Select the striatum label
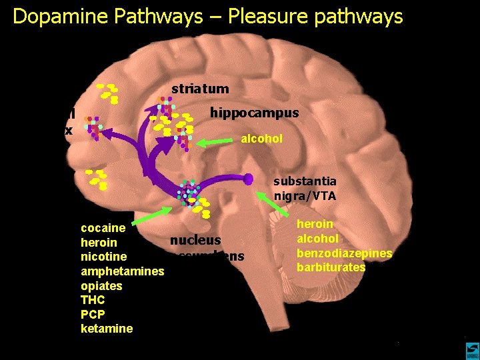[x=200, y=88]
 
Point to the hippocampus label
[x=254, y=113]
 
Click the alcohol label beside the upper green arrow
[x=261, y=139]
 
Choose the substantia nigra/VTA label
[x=305, y=189]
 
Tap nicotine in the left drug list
[x=103, y=257]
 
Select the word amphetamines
[x=122, y=271]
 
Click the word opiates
[x=101, y=285]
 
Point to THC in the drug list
[x=93, y=300]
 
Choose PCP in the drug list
[x=93, y=314]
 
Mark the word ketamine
[x=107, y=329]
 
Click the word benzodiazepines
[x=344, y=253]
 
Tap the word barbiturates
[x=331, y=267]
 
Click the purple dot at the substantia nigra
[x=249, y=179]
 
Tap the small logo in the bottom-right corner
[x=471, y=349]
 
